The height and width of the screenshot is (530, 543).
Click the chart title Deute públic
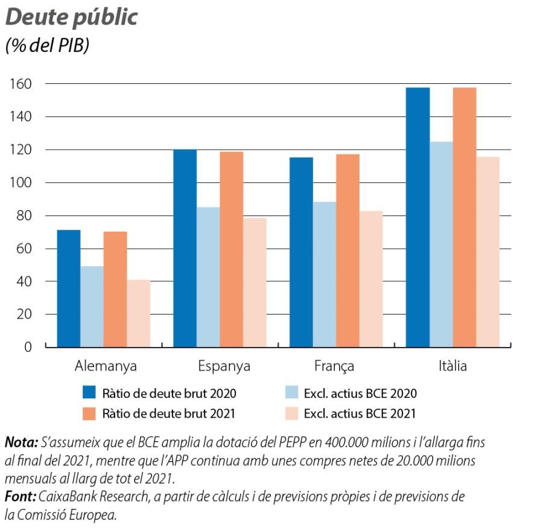pos(71,17)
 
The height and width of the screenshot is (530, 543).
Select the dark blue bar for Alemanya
pos(68,289)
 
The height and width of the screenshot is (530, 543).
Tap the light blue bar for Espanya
pos(208,277)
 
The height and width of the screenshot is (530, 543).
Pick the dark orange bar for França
pos(348,251)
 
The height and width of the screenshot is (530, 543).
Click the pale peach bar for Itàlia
pos(487,252)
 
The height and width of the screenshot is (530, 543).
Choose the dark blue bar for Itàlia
pos(418,217)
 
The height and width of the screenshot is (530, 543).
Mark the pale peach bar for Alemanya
pos(138,313)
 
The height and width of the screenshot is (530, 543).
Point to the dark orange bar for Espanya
pos(232,249)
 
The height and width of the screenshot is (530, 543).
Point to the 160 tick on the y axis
pos(23,83)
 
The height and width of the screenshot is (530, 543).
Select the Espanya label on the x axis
pos(224,366)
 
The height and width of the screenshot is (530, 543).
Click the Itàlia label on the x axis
pos(452,366)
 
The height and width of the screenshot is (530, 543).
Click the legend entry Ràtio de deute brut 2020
pos(168,394)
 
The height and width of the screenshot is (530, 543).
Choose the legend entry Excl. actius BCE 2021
pos(360,414)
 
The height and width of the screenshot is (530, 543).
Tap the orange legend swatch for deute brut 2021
pos(89,413)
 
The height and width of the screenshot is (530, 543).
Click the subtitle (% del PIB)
pos(47,46)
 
